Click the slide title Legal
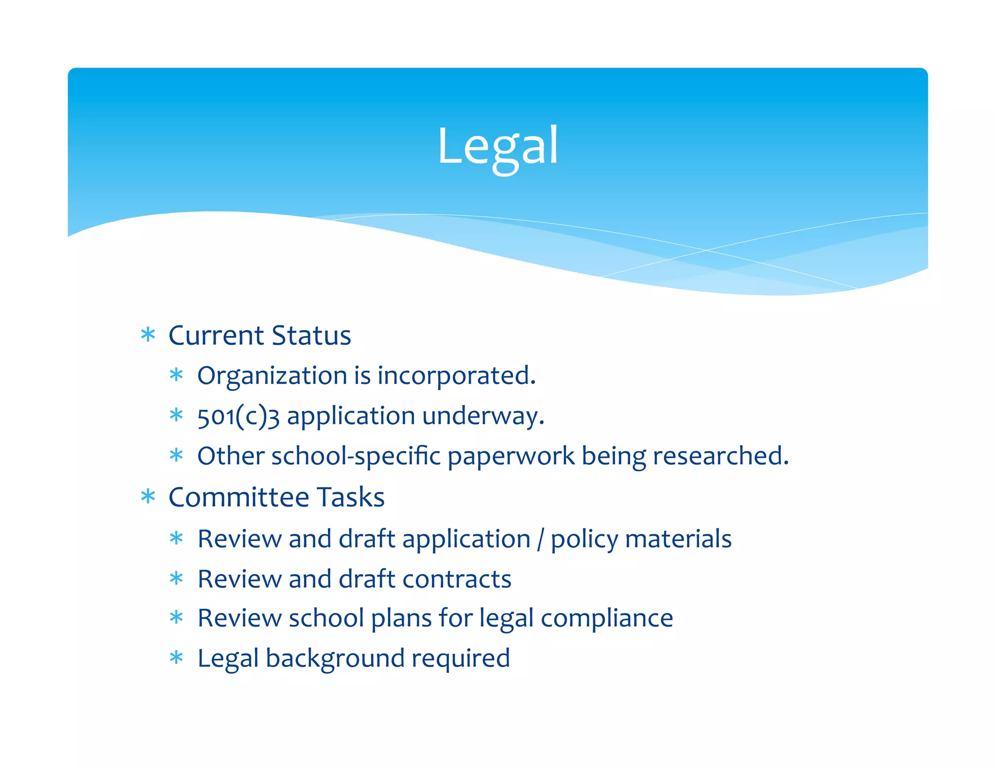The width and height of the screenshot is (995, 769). pos(497,146)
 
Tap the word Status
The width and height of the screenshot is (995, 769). pos(311,335)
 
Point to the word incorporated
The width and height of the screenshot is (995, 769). pos(456,376)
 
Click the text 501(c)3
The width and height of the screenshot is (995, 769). pos(238,417)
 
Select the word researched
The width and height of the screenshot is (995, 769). pos(720,456)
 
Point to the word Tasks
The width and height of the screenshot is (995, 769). pos(351,497)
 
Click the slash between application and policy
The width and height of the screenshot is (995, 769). pos(540,540)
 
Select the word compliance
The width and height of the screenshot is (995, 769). pos(607,619)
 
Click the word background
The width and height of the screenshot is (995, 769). pos(335,659)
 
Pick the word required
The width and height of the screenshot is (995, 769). pos(461,659)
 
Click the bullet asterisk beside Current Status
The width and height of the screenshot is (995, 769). pos(148,335)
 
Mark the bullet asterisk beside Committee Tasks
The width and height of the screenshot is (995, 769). pos(148,497)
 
